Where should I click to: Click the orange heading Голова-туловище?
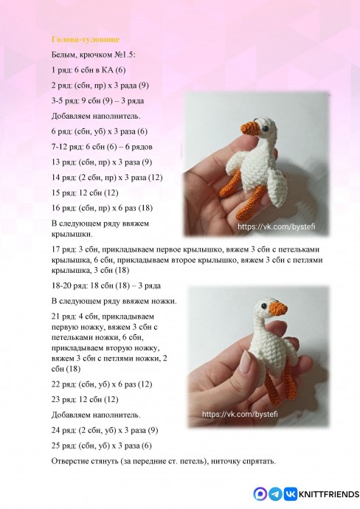(86, 39)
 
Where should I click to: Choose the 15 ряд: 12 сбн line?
(85, 193)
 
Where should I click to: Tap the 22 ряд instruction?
(102, 384)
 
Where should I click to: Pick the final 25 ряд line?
(102, 446)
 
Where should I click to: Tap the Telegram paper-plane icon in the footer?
(275, 494)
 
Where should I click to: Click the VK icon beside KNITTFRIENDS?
(290, 494)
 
